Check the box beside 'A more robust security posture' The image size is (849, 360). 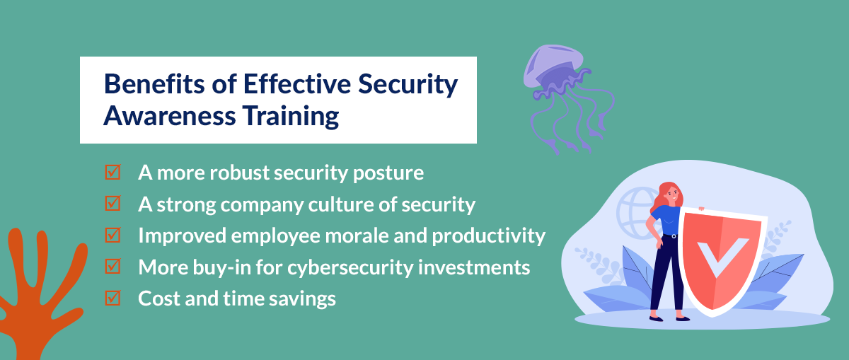click(112, 173)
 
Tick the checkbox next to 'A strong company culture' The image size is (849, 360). click(112, 204)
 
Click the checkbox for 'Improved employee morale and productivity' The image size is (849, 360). click(112, 235)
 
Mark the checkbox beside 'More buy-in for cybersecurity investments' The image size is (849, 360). click(112, 267)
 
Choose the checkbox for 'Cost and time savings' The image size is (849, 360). click(112, 298)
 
